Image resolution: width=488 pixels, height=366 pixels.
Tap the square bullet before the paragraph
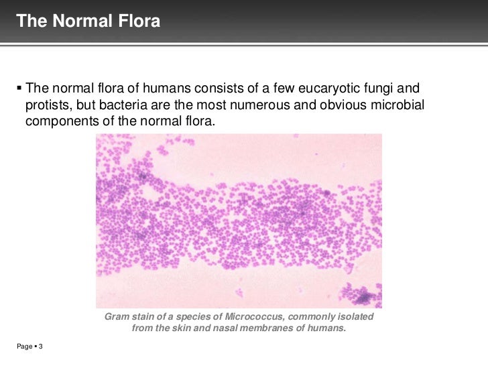point(18,88)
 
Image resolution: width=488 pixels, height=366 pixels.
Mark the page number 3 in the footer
point(41,346)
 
